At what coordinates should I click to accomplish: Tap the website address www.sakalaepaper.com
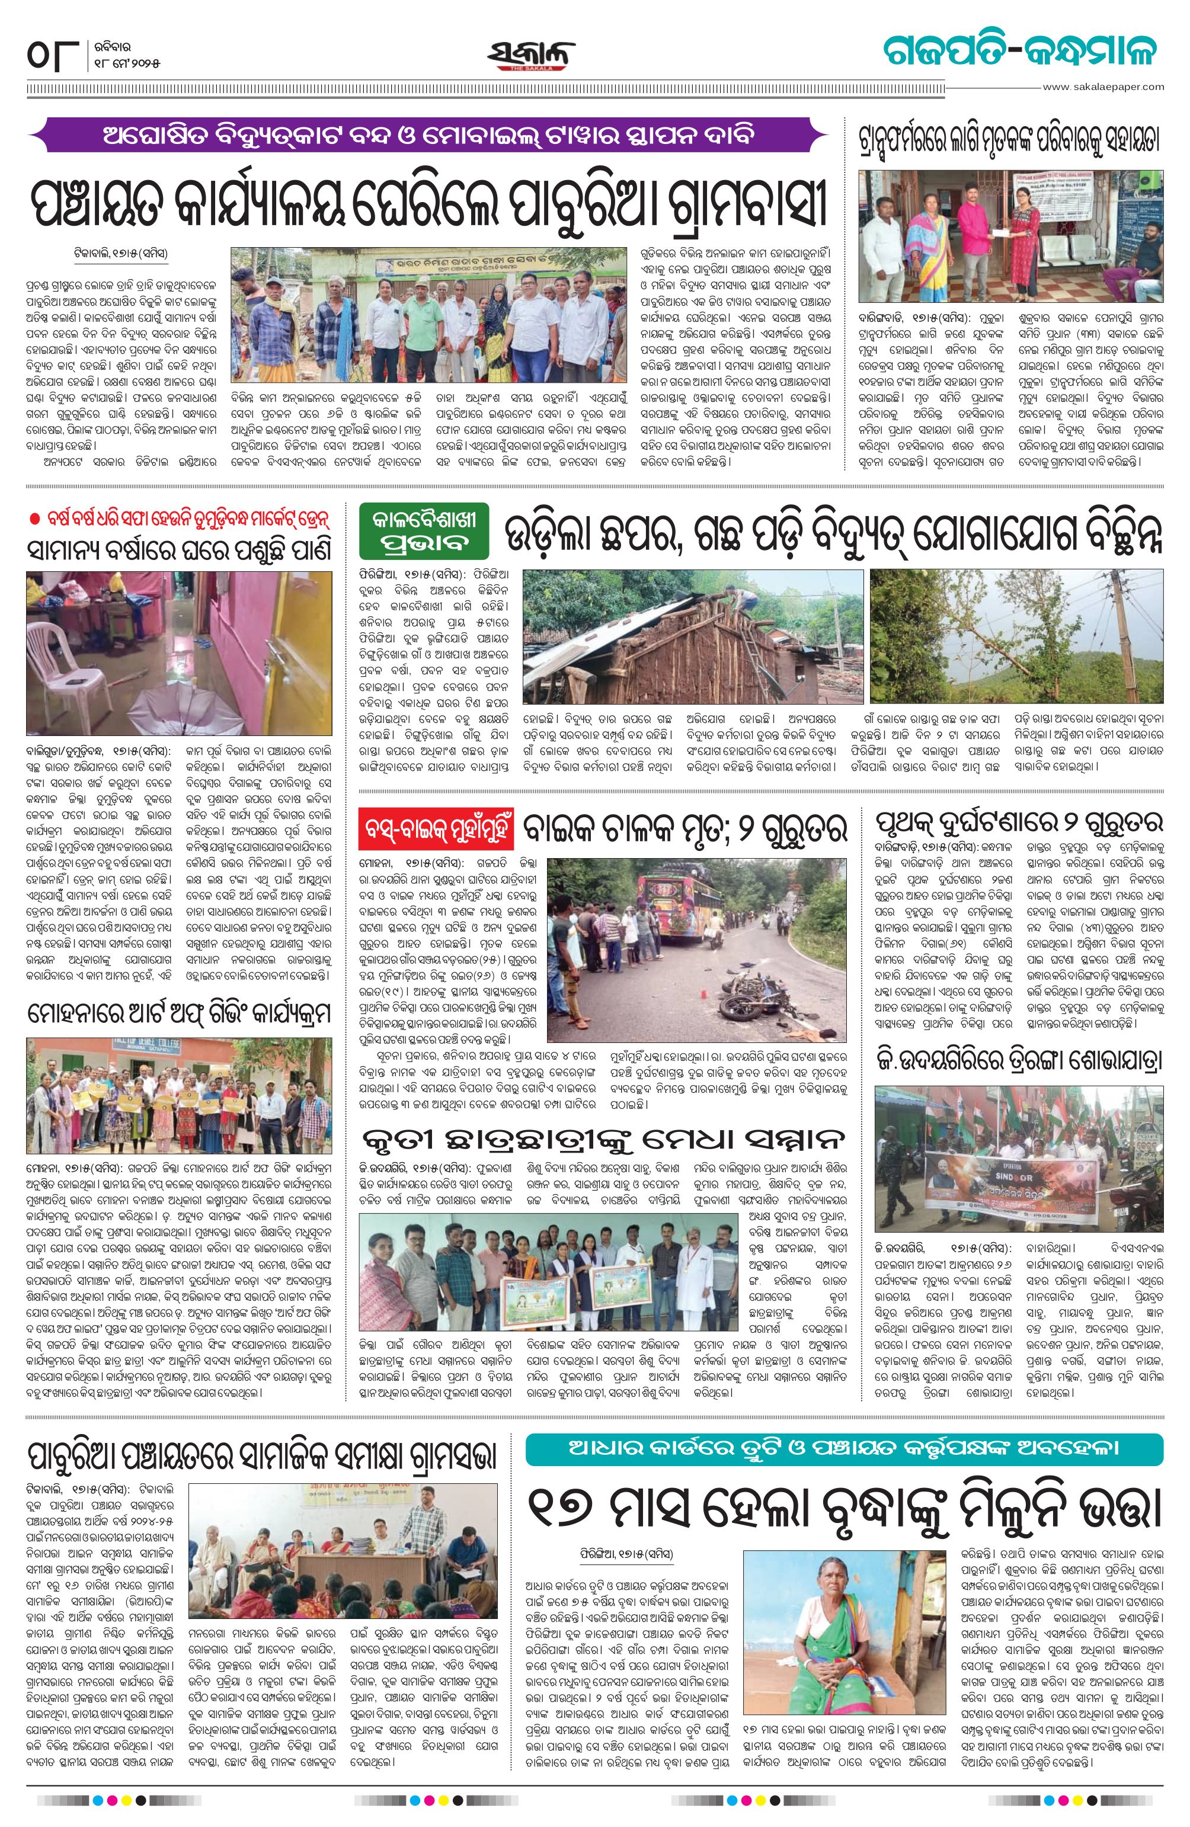(1102, 87)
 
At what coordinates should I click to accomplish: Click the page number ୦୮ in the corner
(52, 57)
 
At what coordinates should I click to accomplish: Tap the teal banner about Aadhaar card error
(844, 1450)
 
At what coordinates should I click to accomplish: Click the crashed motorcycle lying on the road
(760, 1000)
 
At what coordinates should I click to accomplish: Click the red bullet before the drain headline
(33, 520)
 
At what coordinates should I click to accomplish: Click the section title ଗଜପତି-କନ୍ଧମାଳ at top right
(1018, 52)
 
